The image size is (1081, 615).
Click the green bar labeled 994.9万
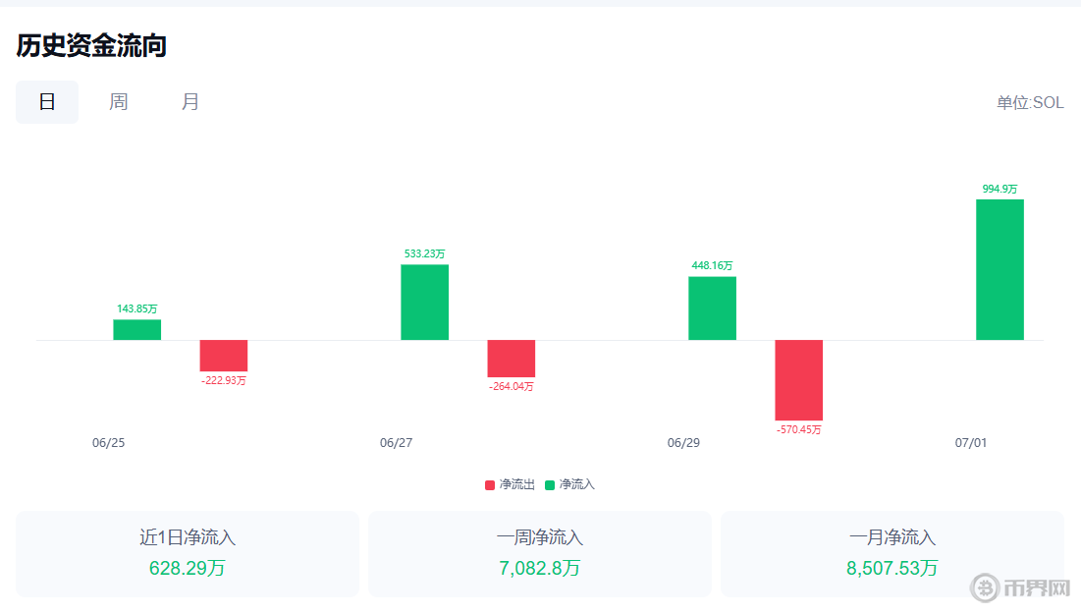click(x=1000, y=269)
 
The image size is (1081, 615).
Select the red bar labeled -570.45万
click(x=798, y=380)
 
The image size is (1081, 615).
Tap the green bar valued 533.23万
click(x=424, y=302)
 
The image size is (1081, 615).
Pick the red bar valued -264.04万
click(x=511, y=359)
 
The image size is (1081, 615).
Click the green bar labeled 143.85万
click(x=136, y=330)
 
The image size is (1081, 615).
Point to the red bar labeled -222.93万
click(x=224, y=356)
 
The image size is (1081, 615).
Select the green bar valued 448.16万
click(x=712, y=307)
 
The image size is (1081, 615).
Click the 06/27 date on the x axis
click(x=396, y=443)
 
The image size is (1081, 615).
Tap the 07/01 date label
click(x=971, y=443)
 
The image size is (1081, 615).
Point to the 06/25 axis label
click(x=108, y=443)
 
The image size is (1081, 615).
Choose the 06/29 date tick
click(x=683, y=443)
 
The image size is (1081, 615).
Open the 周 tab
click(x=119, y=102)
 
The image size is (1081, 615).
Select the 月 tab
click(x=190, y=102)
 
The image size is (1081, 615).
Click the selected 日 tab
click(x=47, y=102)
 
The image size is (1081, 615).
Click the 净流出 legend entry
click(x=511, y=484)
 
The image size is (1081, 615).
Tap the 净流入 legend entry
click(x=570, y=484)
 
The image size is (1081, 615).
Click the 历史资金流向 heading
click(x=91, y=45)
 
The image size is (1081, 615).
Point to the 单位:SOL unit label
click(x=1030, y=103)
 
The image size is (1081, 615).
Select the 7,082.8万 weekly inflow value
click(x=539, y=568)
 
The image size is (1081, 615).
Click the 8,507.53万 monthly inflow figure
click(x=892, y=568)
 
